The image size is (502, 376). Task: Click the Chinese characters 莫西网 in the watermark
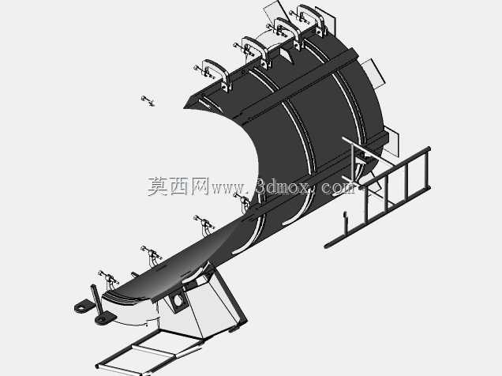point(178,186)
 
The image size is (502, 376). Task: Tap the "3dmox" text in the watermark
point(283,186)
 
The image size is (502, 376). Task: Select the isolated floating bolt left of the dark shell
point(148,100)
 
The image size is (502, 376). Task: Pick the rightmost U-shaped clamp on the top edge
point(312,19)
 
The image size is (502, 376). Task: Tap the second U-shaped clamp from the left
point(255,51)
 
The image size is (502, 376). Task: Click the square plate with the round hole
point(177,302)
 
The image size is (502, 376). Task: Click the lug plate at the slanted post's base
point(105,318)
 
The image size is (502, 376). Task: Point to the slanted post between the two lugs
point(97,301)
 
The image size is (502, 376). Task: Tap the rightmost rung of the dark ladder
point(426,168)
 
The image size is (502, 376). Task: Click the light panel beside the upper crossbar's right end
point(373,73)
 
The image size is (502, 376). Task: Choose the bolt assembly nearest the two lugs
point(109,278)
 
